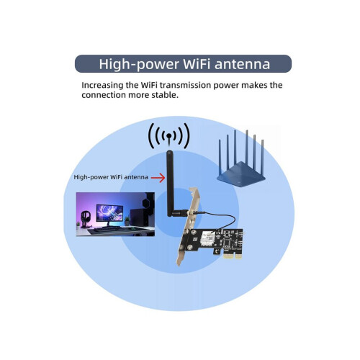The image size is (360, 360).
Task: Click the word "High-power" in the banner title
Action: (x=139, y=64)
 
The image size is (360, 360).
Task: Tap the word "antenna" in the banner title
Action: (x=243, y=64)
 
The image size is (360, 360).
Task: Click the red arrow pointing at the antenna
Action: (x=158, y=178)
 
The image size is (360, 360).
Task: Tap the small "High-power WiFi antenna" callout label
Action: (x=111, y=177)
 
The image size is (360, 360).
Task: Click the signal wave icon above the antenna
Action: (x=169, y=136)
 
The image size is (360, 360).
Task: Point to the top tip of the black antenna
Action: (x=170, y=151)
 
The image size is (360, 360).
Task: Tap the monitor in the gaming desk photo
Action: (x=109, y=213)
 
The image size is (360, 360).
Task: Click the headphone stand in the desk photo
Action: (x=85, y=219)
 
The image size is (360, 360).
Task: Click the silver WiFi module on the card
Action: (x=207, y=239)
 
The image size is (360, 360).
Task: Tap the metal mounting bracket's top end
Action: (x=194, y=189)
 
